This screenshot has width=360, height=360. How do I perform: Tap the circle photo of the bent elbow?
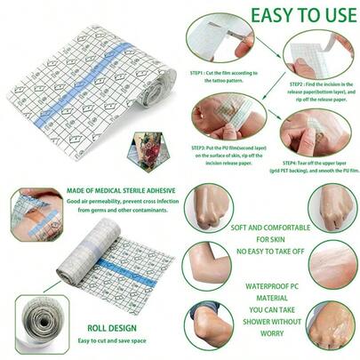[206, 268]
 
